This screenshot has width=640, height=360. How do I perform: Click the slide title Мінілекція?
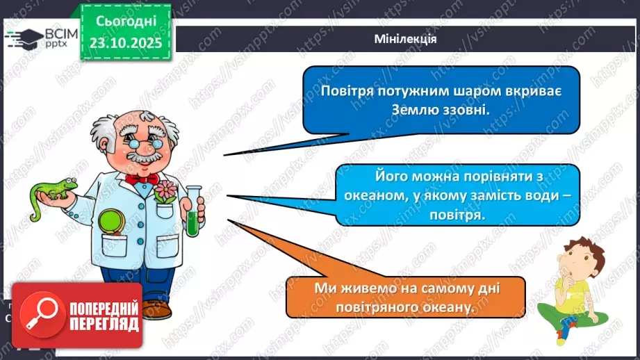pos(404,39)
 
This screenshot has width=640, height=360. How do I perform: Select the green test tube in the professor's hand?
pos(192,213)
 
